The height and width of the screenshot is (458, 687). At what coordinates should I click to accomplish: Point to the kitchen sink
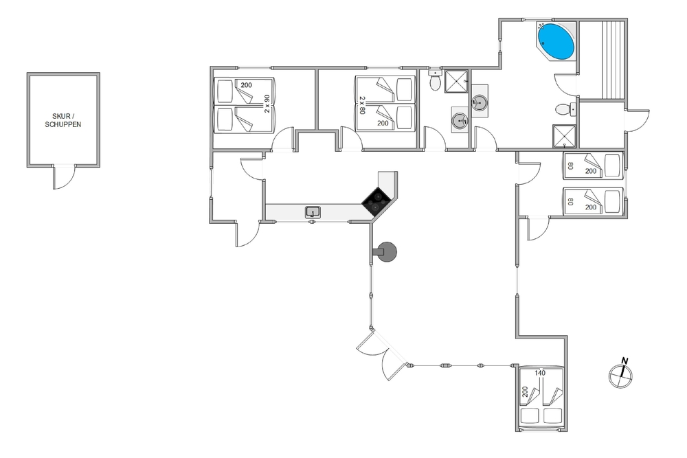[313, 211]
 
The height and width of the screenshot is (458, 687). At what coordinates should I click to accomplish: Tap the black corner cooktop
[375, 201]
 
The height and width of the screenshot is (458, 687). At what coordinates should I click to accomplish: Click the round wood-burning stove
[386, 252]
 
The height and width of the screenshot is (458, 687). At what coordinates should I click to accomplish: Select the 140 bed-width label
[540, 374]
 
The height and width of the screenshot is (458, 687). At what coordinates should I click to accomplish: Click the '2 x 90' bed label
[267, 103]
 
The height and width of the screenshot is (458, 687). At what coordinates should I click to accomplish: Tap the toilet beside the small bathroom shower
[435, 81]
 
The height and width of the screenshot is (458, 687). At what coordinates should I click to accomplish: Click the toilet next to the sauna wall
[564, 108]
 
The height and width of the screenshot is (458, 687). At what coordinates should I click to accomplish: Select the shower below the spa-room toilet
[565, 136]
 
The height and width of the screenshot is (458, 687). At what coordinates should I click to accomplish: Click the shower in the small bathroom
[455, 82]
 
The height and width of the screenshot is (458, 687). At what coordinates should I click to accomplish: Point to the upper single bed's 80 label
[570, 165]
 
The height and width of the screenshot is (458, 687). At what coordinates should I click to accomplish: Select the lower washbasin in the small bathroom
[459, 122]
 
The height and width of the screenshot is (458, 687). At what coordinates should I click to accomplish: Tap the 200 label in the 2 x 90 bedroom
[247, 84]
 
